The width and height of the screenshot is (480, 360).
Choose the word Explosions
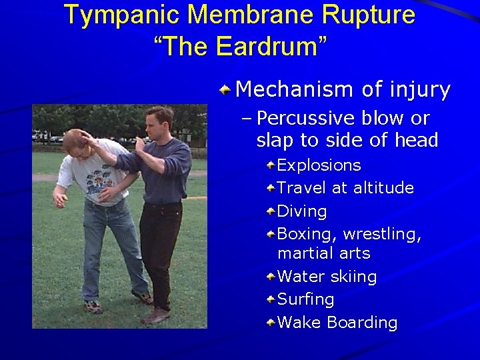click(x=319, y=165)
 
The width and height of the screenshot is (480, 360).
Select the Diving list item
click(x=301, y=211)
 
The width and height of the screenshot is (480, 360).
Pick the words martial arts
click(x=323, y=253)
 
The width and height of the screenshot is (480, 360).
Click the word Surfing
click(x=305, y=299)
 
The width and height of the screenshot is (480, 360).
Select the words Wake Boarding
click(x=337, y=323)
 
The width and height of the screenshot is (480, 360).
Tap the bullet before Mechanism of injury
click(x=227, y=89)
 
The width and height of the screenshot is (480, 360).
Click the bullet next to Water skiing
click(x=271, y=276)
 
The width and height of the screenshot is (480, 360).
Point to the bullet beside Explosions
click(x=271, y=165)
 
